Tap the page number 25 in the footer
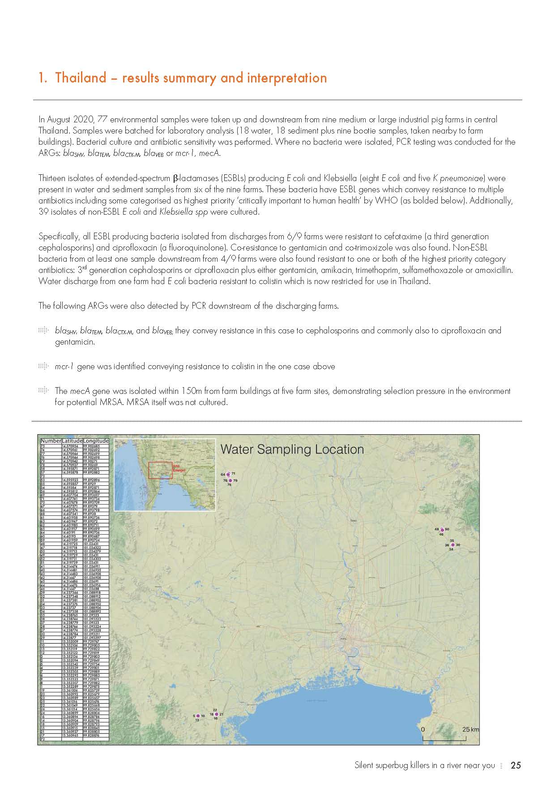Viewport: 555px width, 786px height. click(x=516, y=765)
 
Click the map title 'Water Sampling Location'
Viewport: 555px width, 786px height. click(x=292, y=449)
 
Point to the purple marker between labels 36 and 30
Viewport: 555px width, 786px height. click(x=453, y=545)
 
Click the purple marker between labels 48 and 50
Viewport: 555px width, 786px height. click(x=442, y=530)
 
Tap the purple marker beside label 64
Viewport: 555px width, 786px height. click(x=228, y=474)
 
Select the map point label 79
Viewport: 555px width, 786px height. click(x=235, y=480)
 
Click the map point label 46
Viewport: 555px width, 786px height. click(x=441, y=534)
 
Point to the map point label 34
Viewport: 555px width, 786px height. click(x=451, y=549)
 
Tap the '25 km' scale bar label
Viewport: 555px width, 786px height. click(x=470, y=729)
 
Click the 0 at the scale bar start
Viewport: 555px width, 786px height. click(x=423, y=729)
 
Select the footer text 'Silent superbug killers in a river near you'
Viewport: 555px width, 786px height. click(x=424, y=765)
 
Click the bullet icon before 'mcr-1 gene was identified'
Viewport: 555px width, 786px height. click(x=43, y=367)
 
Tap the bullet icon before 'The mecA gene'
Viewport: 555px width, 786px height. click(x=43, y=391)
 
